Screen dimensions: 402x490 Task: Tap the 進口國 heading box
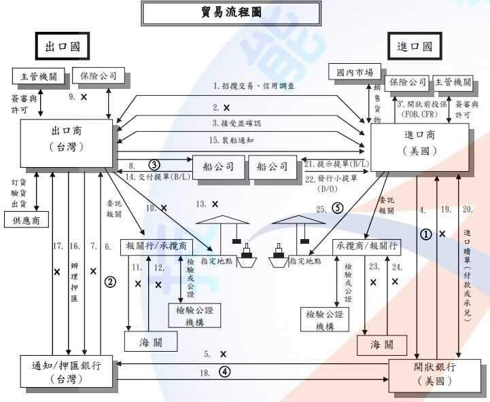[415, 47]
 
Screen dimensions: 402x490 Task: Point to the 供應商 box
[27, 220]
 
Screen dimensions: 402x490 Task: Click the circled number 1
[426, 234]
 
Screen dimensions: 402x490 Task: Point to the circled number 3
[154, 164]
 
